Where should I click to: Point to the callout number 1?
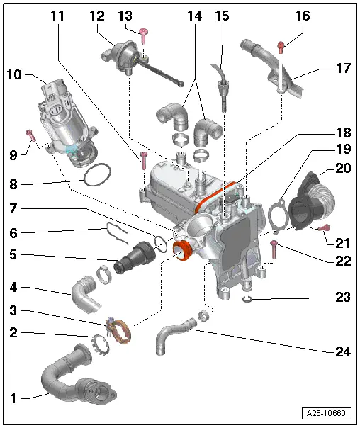(x=13, y=398)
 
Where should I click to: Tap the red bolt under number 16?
(x=281, y=47)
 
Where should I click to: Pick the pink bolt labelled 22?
(x=274, y=247)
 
